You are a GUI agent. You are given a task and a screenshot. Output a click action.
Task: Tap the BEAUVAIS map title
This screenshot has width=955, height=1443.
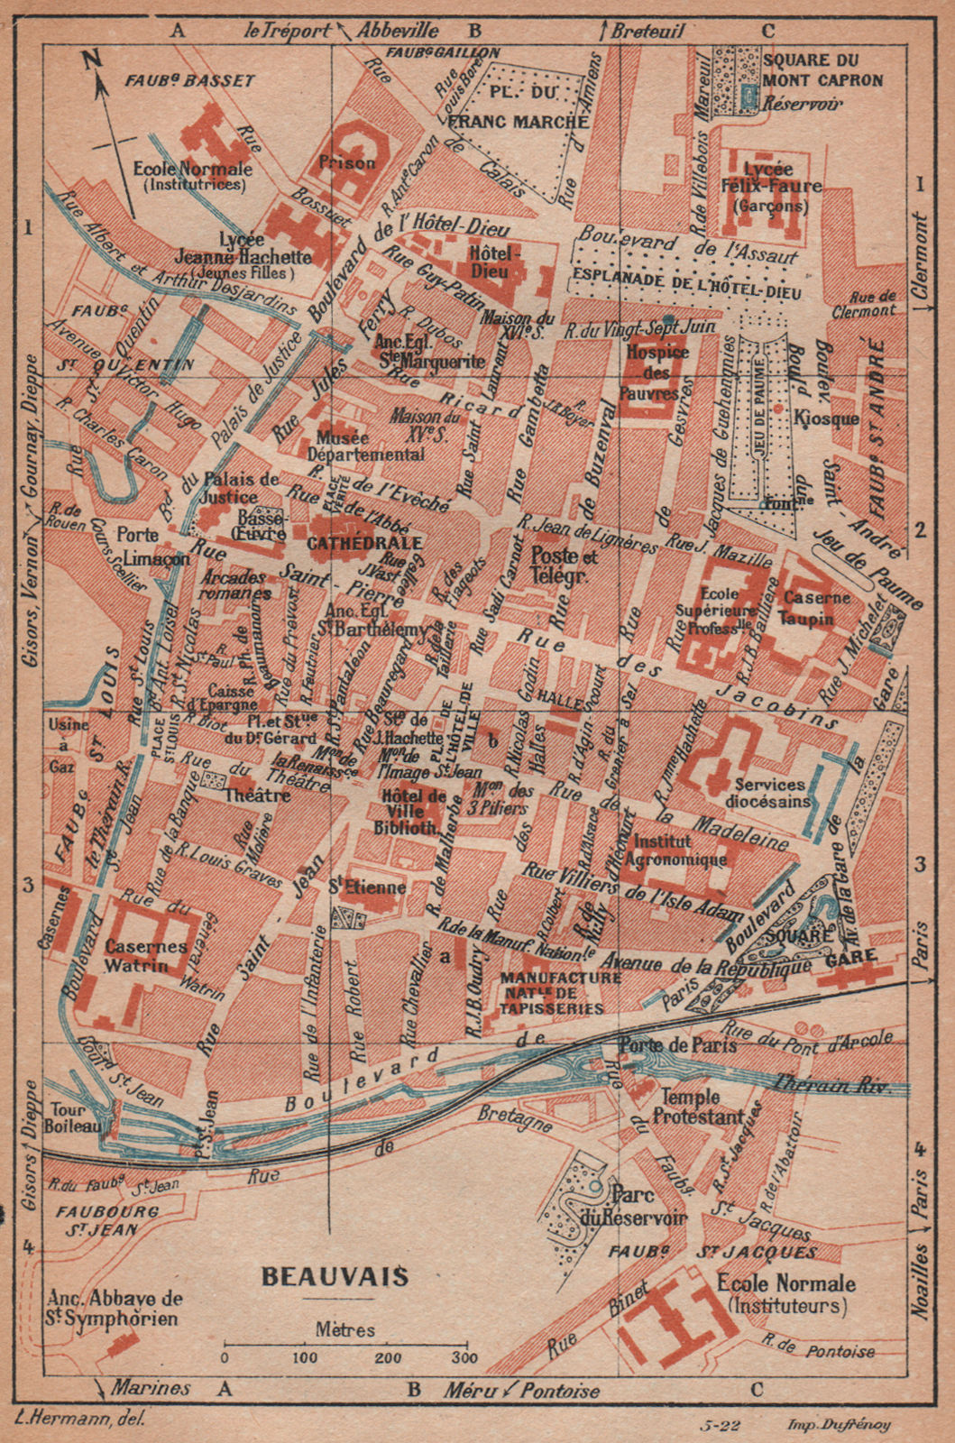(x=335, y=1276)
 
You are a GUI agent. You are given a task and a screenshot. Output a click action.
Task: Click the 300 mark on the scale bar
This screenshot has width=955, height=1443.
(x=465, y=1358)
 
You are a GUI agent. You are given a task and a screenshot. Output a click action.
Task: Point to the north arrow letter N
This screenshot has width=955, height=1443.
(x=90, y=61)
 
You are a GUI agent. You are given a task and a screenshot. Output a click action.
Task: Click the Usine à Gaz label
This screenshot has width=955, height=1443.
(x=69, y=744)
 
